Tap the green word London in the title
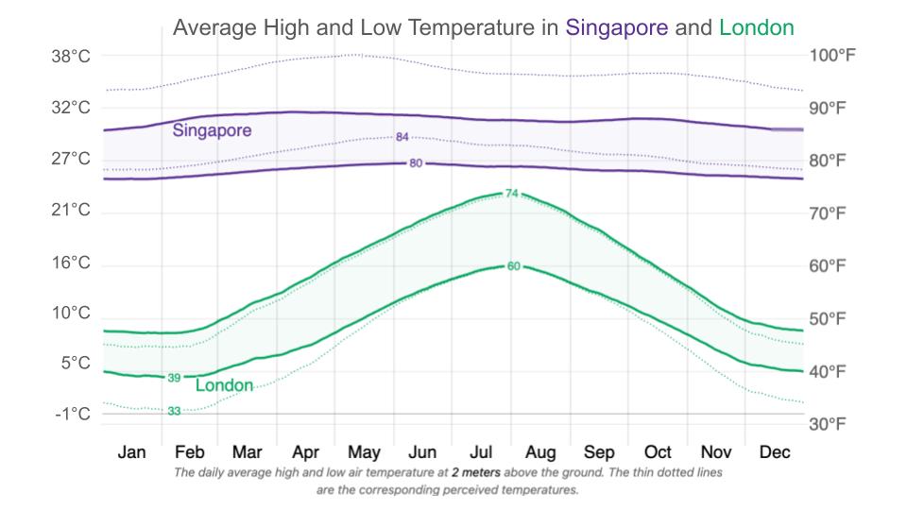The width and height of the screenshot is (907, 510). pyautogui.click(x=756, y=27)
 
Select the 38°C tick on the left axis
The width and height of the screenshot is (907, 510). pyautogui.click(x=71, y=57)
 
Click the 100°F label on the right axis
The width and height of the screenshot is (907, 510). pyautogui.click(x=832, y=56)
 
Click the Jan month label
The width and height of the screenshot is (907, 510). pyautogui.click(x=131, y=452)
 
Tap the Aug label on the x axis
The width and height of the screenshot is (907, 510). pyautogui.click(x=539, y=452)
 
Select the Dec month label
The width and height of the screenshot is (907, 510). pyautogui.click(x=774, y=452)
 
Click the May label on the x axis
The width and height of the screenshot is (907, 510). pyautogui.click(x=364, y=452)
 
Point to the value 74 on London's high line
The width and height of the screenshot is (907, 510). pyautogui.click(x=512, y=194)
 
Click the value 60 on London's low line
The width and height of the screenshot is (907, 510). pyautogui.click(x=513, y=266)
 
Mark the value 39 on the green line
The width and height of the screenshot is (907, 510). pyautogui.click(x=174, y=378)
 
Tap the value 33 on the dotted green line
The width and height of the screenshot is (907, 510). pyautogui.click(x=174, y=411)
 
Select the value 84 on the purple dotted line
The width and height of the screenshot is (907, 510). pyautogui.click(x=402, y=138)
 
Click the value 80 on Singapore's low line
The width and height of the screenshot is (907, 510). pyautogui.click(x=416, y=163)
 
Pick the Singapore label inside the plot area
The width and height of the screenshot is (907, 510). pyautogui.click(x=212, y=131)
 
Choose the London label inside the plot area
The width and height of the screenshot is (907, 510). pyautogui.click(x=224, y=385)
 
